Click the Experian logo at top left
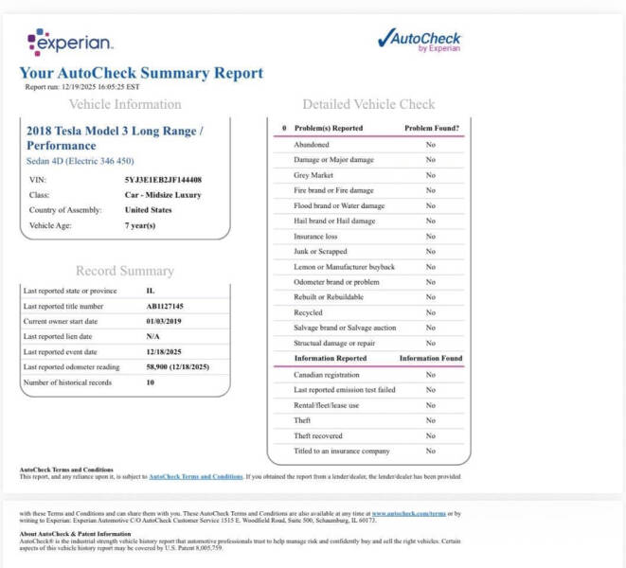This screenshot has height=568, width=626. point(70,42)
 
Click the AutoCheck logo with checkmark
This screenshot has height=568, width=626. point(419,40)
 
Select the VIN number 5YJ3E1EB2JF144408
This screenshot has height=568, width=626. point(163,179)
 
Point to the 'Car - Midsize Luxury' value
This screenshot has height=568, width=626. point(163,194)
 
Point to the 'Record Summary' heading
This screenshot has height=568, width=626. point(124,271)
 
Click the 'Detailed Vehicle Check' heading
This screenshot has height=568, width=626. point(368,104)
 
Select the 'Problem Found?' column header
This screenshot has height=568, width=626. point(432,127)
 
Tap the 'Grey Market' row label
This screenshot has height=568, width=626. point(313,175)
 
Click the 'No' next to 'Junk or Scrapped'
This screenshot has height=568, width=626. point(430,252)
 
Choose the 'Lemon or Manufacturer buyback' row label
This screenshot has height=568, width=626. point(344,267)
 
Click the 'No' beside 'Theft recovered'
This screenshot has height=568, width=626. point(430,435)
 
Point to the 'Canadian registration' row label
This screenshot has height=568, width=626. point(327,375)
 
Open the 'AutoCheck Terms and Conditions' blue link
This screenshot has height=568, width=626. point(195,476)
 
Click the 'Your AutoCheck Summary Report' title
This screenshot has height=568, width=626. point(141,73)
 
